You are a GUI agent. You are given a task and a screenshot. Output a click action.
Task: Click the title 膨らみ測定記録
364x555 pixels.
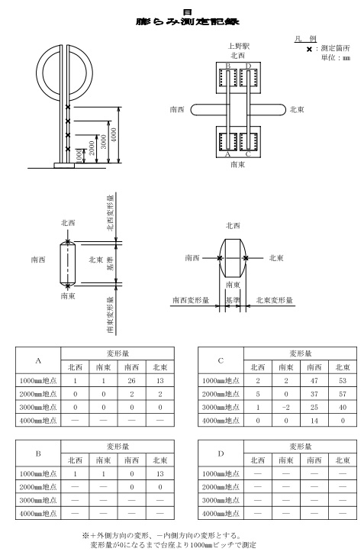click(188, 21)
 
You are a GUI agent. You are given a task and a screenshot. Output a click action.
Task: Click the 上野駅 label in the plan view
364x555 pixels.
click(238, 46)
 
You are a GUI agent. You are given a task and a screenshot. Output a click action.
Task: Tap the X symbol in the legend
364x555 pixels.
click(309, 50)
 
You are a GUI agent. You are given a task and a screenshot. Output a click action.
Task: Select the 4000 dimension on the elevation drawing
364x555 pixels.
click(114, 135)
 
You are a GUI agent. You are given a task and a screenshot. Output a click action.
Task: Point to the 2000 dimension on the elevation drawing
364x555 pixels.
click(92, 148)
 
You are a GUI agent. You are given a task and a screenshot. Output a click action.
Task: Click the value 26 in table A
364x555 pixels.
click(131, 381)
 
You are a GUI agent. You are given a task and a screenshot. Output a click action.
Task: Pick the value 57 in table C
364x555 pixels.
click(343, 394)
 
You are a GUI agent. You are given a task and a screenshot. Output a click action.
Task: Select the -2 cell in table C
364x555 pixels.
click(286, 408)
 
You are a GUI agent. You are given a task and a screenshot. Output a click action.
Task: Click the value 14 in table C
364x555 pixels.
click(314, 421)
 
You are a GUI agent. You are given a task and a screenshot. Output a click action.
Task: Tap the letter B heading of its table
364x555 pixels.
click(38, 453)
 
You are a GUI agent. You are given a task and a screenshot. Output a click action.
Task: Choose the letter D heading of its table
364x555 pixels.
click(221, 453)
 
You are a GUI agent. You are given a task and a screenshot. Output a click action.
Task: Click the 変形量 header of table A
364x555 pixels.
click(118, 353)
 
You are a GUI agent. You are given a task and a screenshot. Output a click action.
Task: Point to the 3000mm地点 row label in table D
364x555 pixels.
click(221, 501)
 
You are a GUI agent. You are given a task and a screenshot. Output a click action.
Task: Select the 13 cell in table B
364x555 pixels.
click(160, 474)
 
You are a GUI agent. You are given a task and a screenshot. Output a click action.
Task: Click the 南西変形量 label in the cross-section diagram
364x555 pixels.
click(191, 301)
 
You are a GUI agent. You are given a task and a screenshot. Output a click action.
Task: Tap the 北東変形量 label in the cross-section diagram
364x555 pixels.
click(275, 301)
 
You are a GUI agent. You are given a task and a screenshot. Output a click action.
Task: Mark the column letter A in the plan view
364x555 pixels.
click(227, 154)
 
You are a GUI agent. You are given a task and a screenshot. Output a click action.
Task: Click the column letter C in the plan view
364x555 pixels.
click(248, 154)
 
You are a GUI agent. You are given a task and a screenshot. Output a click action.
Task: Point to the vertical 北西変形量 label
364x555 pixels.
click(111, 212)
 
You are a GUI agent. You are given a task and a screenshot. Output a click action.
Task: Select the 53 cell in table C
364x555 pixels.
click(343, 381)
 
